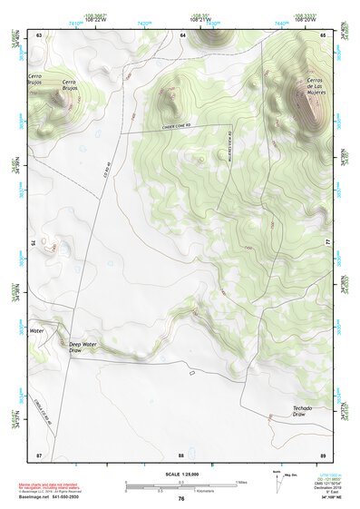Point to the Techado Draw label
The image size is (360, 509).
302,411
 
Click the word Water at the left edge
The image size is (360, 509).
36,331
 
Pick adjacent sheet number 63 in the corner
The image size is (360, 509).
39,34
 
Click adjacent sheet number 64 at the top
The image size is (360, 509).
182,34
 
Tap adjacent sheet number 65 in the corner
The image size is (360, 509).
323,34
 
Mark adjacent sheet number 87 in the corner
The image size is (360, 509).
39,453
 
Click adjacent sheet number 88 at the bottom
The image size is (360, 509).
181,453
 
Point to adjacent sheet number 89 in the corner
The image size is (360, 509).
323,453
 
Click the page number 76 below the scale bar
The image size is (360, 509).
181,498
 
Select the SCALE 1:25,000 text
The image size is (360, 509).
180,474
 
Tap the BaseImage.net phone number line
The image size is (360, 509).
58,497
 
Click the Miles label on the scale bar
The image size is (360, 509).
242,481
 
